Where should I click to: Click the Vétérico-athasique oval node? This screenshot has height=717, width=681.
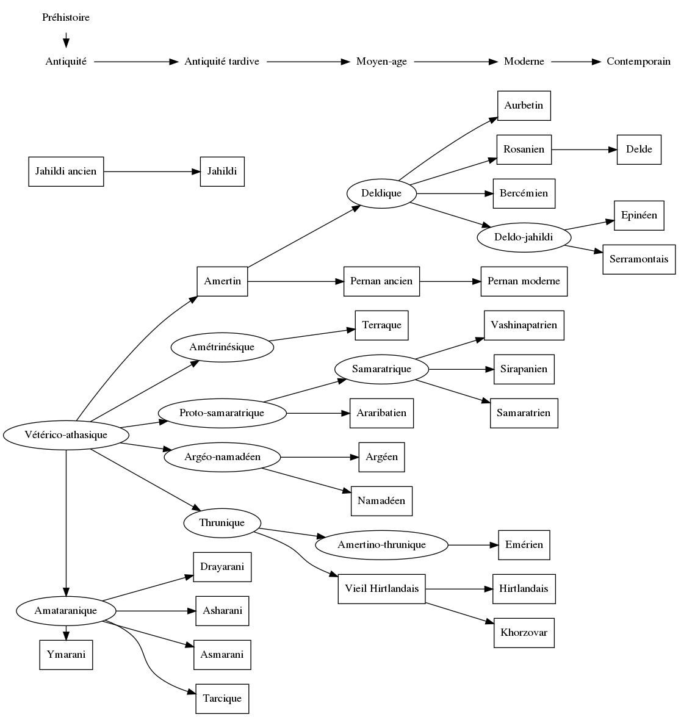click(x=66, y=435)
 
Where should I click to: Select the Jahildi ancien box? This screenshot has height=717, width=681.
click(x=66, y=171)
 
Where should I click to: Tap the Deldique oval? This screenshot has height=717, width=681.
click(x=381, y=193)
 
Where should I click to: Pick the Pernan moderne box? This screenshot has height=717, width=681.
click(x=524, y=281)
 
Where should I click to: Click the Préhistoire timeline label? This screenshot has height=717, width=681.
click(x=66, y=18)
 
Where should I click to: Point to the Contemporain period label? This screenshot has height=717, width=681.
click(x=638, y=62)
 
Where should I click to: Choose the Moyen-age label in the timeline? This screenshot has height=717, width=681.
click(x=381, y=62)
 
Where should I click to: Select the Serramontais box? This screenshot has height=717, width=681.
click(x=639, y=259)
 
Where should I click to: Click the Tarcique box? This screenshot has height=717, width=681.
click(x=222, y=699)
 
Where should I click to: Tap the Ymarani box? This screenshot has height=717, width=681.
click(x=66, y=655)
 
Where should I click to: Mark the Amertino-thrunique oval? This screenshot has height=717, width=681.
click(x=381, y=545)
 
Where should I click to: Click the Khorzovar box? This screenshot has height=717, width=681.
click(x=524, y=633)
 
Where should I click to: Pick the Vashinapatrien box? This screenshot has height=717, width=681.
click(x=524, y=325)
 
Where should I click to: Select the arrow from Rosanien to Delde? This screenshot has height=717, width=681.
click(x=584, y=150)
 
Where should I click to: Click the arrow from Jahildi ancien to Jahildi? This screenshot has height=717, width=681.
click(x=152, y=171)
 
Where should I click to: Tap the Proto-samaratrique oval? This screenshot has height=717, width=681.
click(x=222, y=413)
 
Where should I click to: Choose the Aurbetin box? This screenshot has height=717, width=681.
click(x=524, y=106)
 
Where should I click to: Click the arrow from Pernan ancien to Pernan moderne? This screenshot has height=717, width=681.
click(x=450, y=281)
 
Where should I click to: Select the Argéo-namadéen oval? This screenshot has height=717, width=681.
click(x=222, y=457)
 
